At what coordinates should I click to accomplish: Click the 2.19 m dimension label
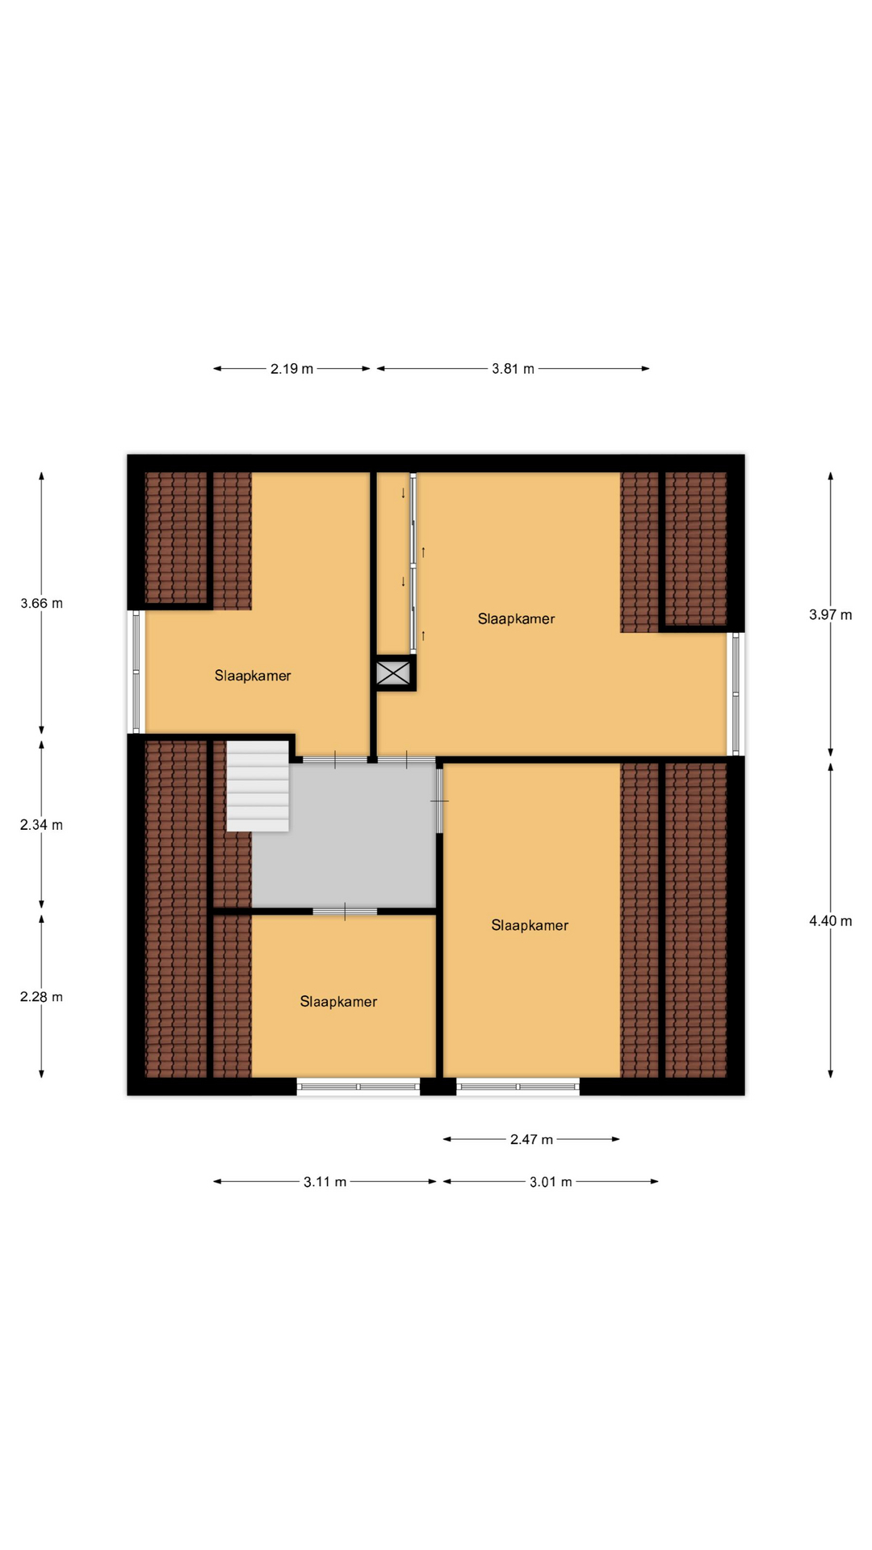point(291,369)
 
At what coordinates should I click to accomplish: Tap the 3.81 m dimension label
point(513,369)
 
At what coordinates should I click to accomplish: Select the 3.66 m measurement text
point(41,603)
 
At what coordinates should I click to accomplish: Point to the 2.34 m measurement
point(41,824)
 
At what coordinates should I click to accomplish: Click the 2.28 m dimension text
point(41,997)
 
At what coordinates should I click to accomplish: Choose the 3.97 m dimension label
point(830,614)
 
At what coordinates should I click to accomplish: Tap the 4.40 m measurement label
point(830,921)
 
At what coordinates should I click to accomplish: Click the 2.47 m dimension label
point(531,1140)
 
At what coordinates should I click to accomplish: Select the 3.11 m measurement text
point(325,1182)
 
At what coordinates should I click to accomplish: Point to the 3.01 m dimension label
point(551,1182)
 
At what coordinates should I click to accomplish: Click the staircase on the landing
point(258,786)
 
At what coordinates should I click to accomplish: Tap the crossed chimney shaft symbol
point(394,672)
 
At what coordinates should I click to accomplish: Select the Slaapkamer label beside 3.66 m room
point(253,676)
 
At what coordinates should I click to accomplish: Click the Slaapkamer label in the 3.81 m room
point(516,619)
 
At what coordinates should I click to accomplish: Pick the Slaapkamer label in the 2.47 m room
point(530,926)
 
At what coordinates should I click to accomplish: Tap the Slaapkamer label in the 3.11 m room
point(338,1002)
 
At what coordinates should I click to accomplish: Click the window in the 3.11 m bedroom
point(358,1087)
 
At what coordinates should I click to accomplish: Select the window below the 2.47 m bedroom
point(518,1087)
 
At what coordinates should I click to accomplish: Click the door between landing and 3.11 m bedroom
point(345,911)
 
